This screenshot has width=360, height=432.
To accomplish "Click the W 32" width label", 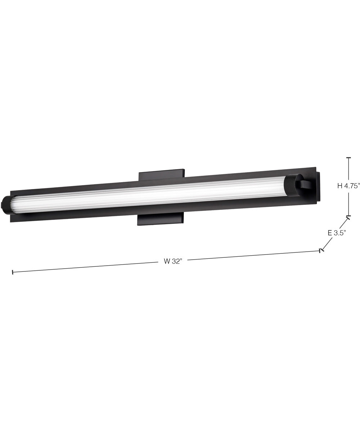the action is point(173,261).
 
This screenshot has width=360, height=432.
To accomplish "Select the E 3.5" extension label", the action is point(337,233).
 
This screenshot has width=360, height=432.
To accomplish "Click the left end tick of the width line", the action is point(13,272).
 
